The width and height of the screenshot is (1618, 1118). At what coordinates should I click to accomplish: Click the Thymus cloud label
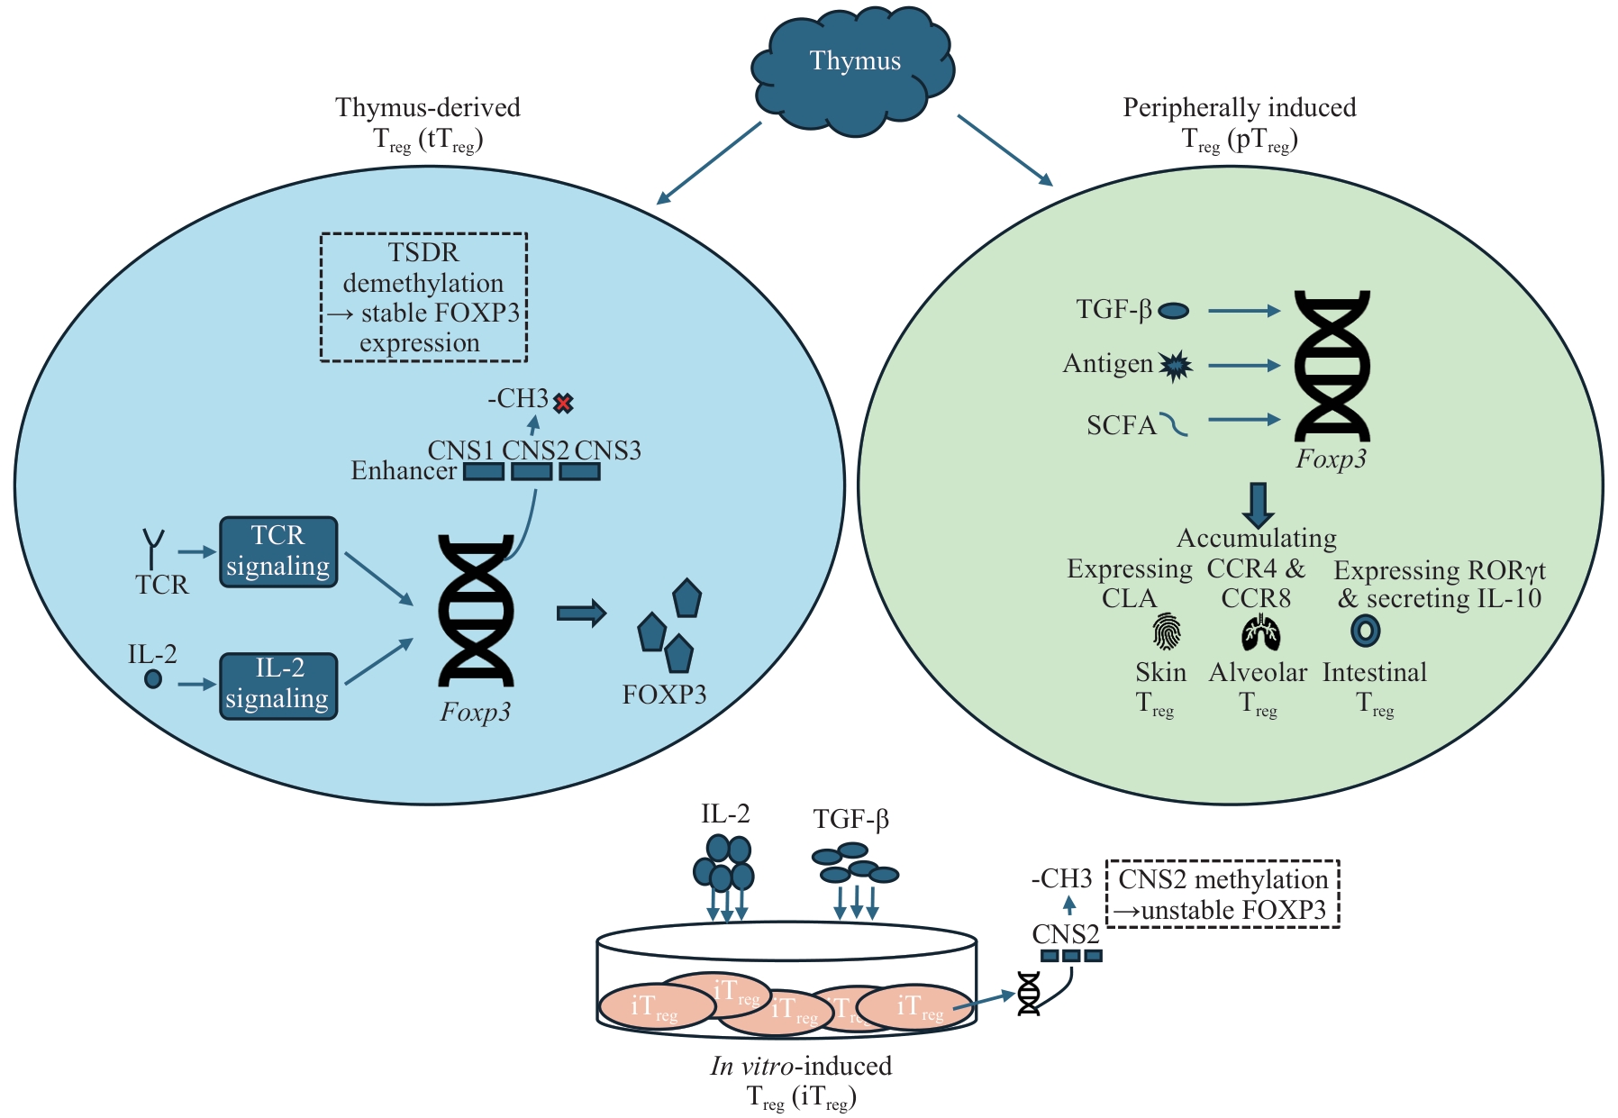(x=854, y=61)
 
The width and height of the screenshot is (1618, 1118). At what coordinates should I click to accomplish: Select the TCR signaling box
(x=278, y=551)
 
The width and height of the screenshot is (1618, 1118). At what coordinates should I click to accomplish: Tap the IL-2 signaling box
(x=278, y=686)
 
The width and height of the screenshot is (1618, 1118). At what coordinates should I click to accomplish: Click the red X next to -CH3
(x=563, y=403)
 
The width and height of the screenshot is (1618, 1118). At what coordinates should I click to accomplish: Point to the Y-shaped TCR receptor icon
(x=154, y=548)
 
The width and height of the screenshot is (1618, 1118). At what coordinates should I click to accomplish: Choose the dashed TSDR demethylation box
(x=423, y=297)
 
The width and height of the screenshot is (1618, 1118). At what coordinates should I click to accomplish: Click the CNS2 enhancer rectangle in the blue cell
(x=532, y=471)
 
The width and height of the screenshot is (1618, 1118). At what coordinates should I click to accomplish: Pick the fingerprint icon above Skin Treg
(x=1167, y=632)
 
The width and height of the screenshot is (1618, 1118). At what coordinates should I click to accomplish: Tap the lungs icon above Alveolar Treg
(x=1260, y=632)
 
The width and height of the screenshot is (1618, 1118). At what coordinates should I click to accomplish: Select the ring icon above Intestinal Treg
(x=1366, y=631)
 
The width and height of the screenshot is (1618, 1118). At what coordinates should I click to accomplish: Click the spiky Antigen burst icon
(x=1175, y=365)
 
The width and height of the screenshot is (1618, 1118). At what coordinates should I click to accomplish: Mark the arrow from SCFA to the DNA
(x=1244, y=419)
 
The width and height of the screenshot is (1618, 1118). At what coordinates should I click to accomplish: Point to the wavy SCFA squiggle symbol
(x=1174, y=423)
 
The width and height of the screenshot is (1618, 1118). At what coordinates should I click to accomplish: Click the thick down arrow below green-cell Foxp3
(x=1258, y=504)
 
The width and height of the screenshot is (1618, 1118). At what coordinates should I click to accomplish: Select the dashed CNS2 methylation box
(x=1223, y=894)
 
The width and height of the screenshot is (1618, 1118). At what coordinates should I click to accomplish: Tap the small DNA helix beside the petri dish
(x=1029, y=994)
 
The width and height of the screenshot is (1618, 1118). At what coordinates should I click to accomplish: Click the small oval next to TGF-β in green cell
(x=1173, y=311)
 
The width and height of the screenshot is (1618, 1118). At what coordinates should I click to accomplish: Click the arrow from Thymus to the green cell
(x=1004, y=150)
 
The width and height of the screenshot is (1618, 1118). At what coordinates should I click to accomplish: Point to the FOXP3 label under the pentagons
(x=664, y=695)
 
